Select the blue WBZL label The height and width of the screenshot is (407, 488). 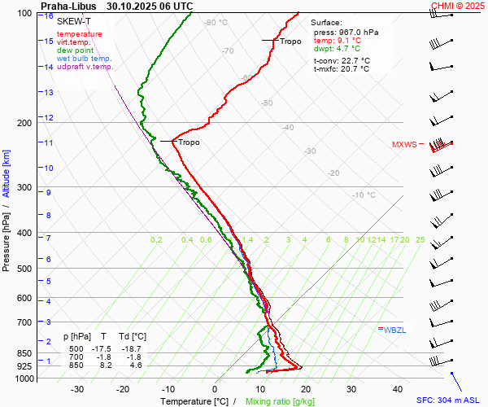pos(395,330)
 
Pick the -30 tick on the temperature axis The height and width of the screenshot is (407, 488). pos(77,389)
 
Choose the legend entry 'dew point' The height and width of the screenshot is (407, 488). pos(75,50)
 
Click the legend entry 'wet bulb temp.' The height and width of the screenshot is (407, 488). pos(85,59)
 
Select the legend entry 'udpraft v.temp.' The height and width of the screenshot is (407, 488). pos(85,67)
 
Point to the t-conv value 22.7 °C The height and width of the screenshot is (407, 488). pos(353,60)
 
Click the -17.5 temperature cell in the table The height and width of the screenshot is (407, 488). pos(101,348)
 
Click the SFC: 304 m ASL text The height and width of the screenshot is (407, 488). pos(450,400)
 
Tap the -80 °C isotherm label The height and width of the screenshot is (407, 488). pos(216,23)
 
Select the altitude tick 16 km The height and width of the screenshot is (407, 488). pos(49,16)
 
